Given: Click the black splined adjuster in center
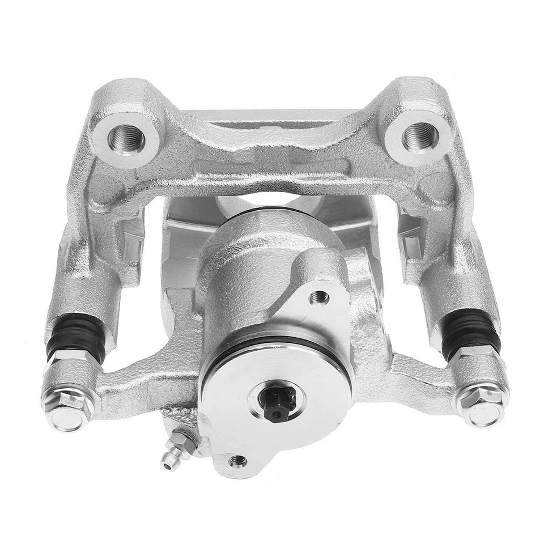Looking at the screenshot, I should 275,403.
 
